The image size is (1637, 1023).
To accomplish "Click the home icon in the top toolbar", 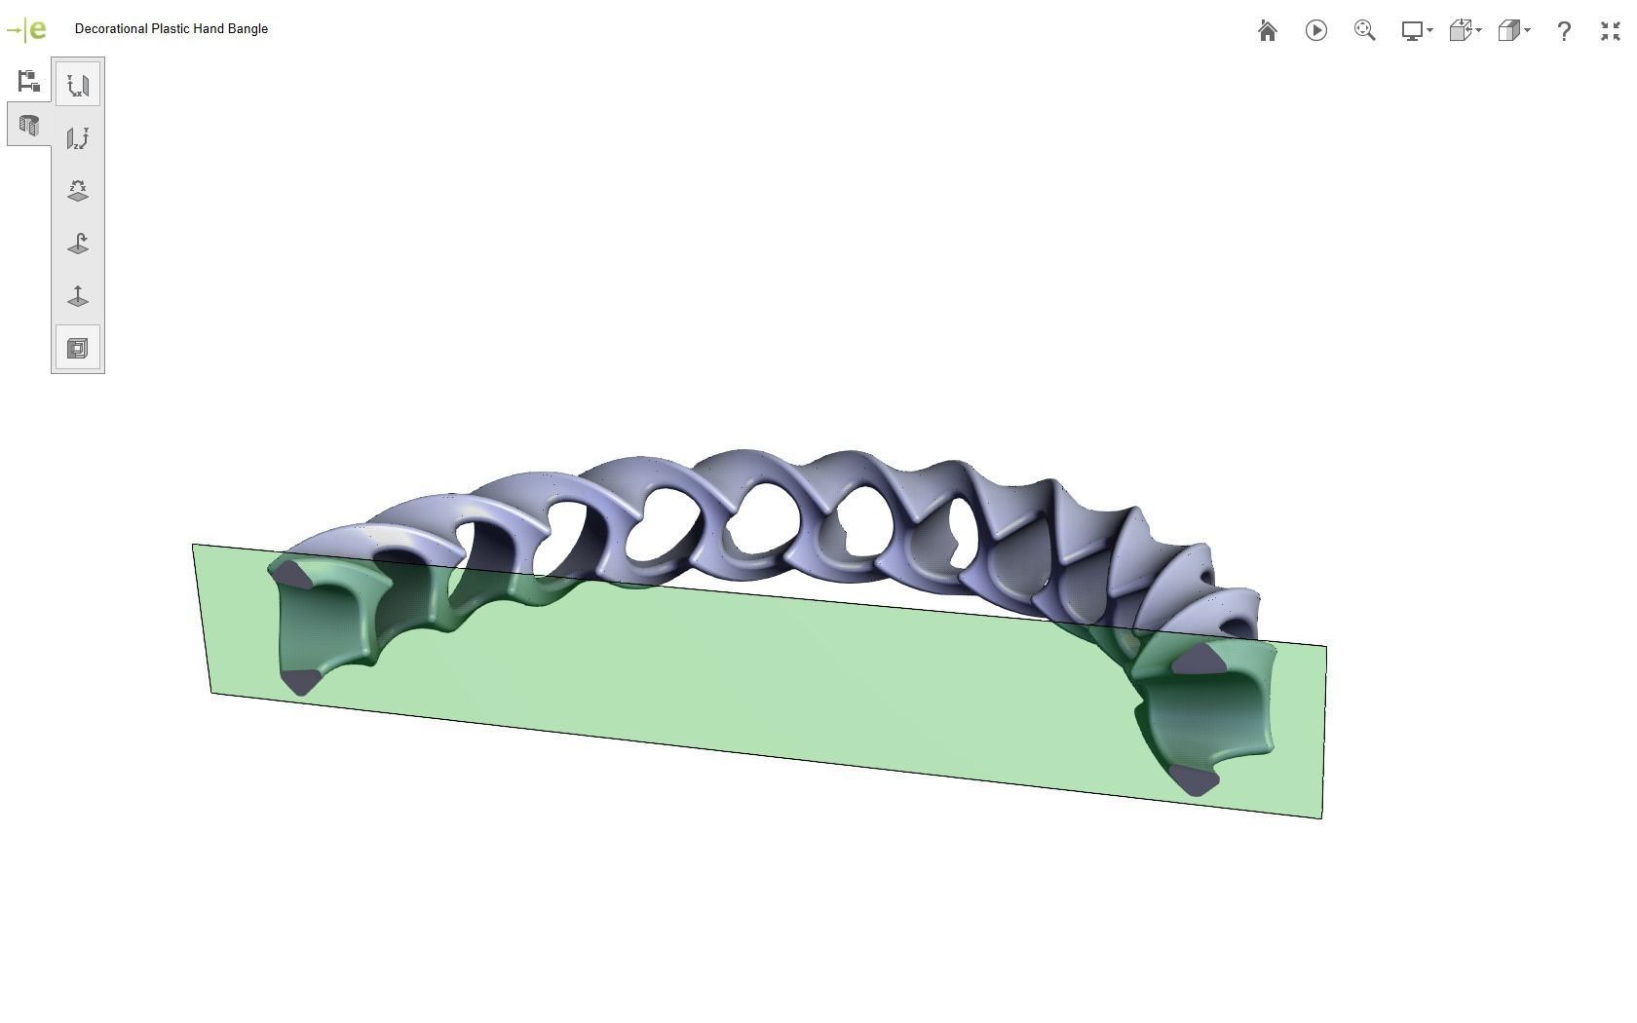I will point(1267,31).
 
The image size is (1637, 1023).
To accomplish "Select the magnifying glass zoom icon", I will point(1364,31).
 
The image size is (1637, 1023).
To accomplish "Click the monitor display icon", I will point(1412,31).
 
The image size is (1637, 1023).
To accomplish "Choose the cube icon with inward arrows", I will point(1460,31).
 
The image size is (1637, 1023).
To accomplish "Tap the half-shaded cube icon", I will point(1508,31).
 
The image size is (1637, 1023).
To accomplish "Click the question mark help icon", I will point(1564,31).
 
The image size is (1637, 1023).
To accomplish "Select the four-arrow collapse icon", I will point(1610,31).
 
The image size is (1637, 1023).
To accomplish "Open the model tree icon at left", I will point(28,81).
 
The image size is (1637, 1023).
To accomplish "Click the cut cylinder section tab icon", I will point(28,126).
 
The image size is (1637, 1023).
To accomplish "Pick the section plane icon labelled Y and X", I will point(78,85).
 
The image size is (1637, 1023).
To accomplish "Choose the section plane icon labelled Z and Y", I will point(78,137).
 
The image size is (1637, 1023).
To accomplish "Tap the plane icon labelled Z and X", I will point(78,190).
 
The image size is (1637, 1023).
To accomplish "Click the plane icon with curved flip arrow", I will point(78,243).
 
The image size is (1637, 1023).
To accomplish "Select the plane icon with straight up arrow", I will point(78,295).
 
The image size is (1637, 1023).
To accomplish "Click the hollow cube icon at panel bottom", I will point(78,348).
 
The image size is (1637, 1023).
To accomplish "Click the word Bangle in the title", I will point(247,29).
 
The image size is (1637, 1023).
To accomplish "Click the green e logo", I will point(36,30).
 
